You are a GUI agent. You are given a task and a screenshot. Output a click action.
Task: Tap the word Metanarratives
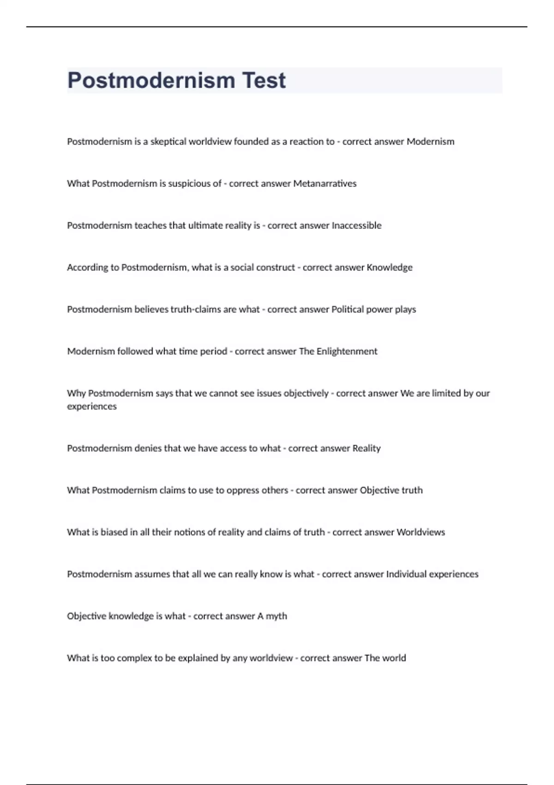coord(325,184)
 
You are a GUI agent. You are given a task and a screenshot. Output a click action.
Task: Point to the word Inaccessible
coord(357,226)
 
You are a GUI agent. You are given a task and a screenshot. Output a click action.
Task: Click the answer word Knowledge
coord(390,267)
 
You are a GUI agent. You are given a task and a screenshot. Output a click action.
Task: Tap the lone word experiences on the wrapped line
coord(92,406)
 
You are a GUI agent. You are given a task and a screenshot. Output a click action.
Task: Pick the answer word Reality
coord(367,448)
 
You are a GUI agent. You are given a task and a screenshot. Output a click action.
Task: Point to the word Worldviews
coord(421,532)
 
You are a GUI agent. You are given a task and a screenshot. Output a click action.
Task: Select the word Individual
coord(406,574)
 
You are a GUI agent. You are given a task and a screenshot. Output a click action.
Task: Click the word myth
coord(276,616)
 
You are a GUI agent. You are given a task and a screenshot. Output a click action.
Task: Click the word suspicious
coord(189,184)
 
